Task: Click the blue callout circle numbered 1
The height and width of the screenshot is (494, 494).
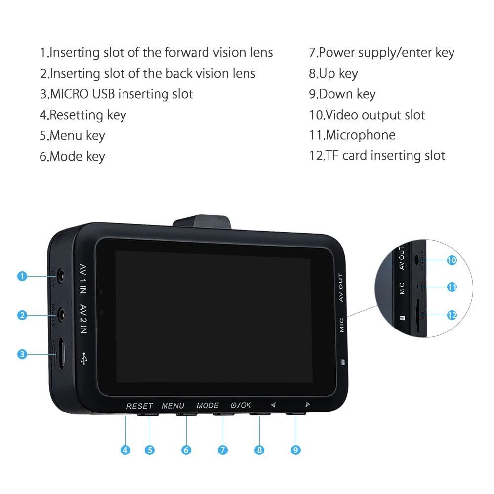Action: [22, 276]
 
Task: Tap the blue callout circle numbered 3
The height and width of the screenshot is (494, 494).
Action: [22, 354]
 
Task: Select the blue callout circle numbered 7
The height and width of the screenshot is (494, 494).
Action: [223, 450]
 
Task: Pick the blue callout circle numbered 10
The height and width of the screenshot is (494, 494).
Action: [452, 260]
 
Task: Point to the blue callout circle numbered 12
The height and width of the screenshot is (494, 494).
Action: [452, 315]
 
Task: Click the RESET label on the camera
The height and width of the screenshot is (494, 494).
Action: [139, 406]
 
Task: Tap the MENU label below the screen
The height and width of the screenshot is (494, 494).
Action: [173, 406]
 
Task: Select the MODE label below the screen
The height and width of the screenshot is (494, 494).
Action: [207, 405]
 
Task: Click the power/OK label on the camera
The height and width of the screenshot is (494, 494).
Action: [241, 405]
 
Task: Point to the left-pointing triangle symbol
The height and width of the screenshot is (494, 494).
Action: [273, 405]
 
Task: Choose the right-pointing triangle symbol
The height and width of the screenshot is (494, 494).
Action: [307, 404]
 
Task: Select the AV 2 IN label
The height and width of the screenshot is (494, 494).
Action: [83, 319]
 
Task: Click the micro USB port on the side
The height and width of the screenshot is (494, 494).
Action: [60, 353]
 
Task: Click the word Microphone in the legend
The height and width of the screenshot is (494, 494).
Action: [361, 135]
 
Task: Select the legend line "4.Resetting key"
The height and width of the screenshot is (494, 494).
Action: [83, 115]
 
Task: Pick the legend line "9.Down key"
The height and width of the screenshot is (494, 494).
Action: [342, 94]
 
